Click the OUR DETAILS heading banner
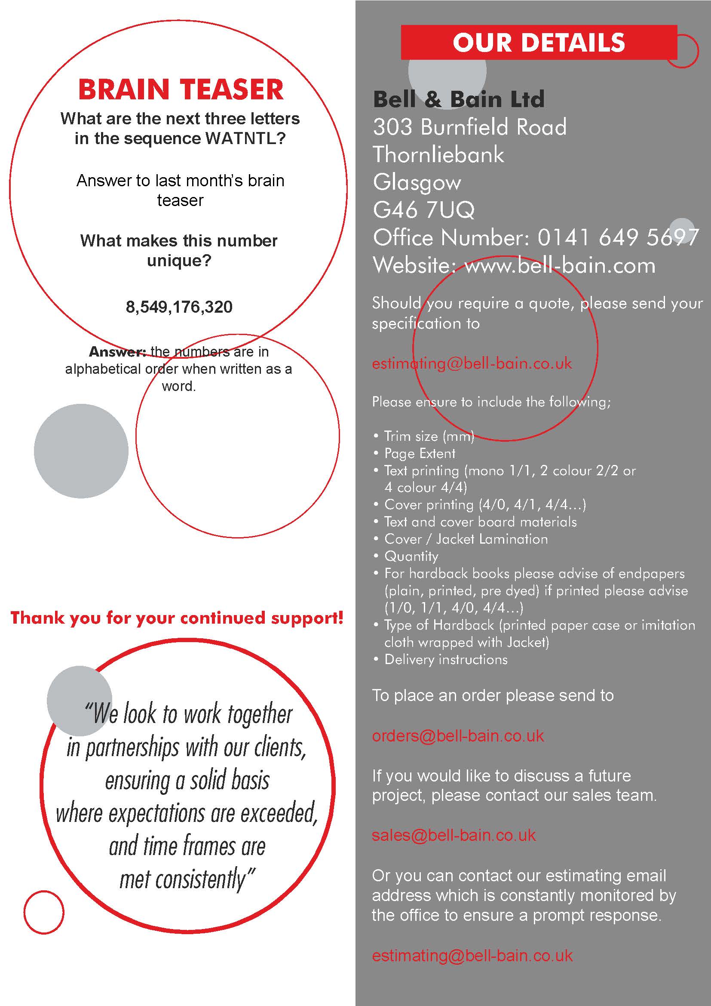click(539, 43)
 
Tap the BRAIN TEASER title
click(181, 89)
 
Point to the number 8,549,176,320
click(179, 307)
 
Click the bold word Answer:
click(117, 352)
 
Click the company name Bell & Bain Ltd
click(458, 99)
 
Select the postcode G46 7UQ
click(423, 210)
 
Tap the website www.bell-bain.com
click(560, 265)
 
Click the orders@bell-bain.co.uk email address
click(457, 735)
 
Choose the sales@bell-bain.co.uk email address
click(454, 835)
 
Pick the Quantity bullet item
click(411, 557)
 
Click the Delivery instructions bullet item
click(446, 659)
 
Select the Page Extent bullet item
click(420, 453)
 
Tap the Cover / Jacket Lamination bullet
click(466, 539)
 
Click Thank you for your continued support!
click(177, 618)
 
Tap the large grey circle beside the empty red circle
click(81, 451)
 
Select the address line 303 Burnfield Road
click(469, 127)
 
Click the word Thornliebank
click(438, 155)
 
